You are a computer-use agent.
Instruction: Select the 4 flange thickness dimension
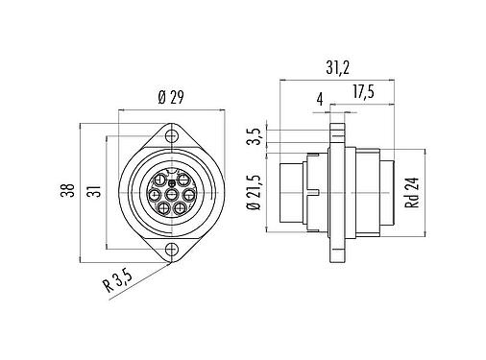pyautogui.click(x=318, y=98)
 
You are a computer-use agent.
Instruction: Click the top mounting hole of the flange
pyautogui.click(x=172, y=134)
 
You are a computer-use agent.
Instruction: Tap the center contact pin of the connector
pyautogui.click(x=172, y=193)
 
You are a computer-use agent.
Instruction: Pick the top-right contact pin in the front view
pyautogui.click(x=183, y=179)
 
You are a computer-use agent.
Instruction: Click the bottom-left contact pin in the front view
pyautogui.click(x=163, y=207)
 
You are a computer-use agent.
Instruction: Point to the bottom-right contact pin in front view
pyautogui.click(x=179, y=207)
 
